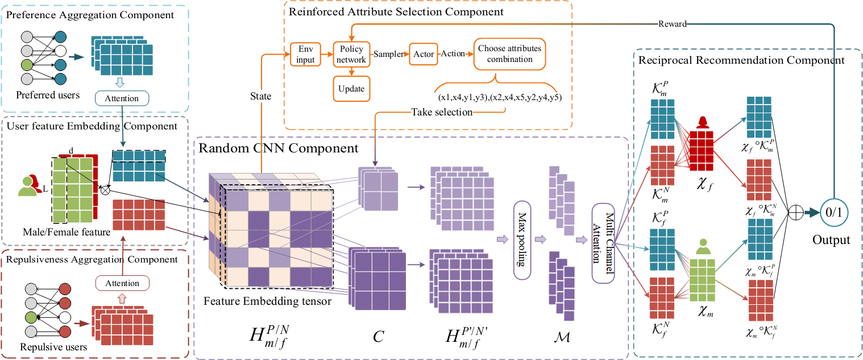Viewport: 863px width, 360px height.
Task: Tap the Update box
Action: [x=351, y=89]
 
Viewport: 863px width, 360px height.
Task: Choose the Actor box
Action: [x=424, y=54]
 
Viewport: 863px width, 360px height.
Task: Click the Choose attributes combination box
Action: [x=509, y=54]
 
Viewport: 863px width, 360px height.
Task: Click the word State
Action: [x=260, y=97]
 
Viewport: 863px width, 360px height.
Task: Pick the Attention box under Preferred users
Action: [x=122, y=98]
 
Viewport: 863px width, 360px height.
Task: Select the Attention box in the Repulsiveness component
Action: [x=122, y=283]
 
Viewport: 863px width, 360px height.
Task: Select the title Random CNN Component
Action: [x=278, y=148]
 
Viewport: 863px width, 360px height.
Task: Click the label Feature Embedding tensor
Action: [x=268, y=301]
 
